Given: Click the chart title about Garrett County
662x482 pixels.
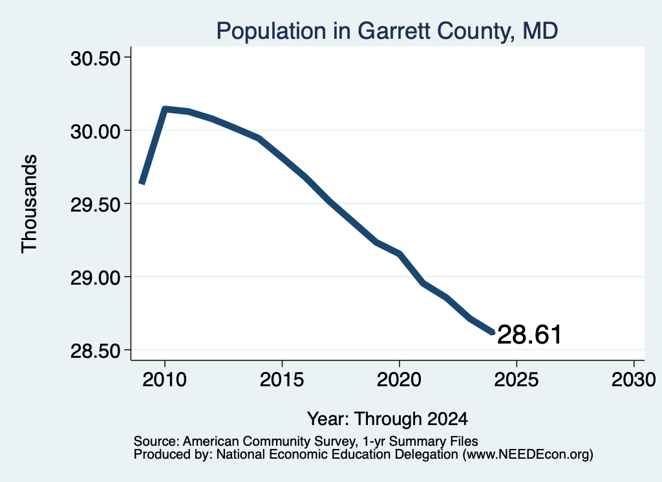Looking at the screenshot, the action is point(387,31).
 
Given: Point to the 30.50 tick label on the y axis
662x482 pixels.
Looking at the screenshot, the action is point(96,58).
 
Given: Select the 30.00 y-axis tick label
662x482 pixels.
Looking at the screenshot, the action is point(96,131).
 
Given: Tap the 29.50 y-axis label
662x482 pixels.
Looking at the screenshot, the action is point(96,204).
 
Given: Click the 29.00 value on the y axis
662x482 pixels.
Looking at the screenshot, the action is point(96,278).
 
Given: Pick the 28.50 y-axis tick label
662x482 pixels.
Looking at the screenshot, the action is point(96,351).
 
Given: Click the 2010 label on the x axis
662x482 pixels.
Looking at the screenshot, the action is point(165,380).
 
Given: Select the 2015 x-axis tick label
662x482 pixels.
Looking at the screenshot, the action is point(282,380).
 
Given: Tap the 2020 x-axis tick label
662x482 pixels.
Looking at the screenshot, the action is point(399,380).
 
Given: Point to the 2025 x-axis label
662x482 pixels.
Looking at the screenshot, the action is point(517,380).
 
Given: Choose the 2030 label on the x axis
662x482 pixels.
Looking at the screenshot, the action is point(634,380).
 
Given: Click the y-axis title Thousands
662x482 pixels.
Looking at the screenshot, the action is point(29,204).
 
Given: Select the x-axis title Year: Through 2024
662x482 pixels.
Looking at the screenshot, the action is point(387,419).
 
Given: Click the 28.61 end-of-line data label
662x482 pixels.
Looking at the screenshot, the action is point(529,335).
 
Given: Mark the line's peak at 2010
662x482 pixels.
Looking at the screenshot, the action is point(165,109).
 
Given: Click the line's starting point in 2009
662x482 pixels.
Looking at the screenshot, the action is point(142,182).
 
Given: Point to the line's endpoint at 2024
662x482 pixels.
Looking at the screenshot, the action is point(492,333).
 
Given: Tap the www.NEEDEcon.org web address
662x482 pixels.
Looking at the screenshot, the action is point(528,455).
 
